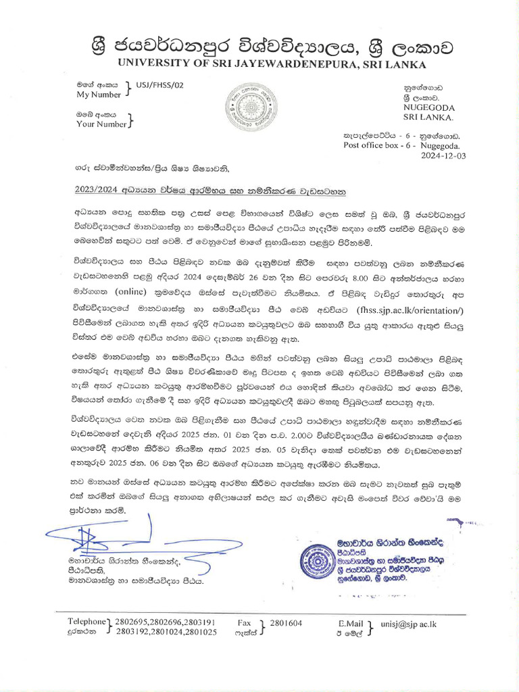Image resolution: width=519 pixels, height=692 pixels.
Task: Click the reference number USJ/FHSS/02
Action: click(x=159, y=85)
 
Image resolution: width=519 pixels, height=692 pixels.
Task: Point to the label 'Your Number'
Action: click(x=101, y=124)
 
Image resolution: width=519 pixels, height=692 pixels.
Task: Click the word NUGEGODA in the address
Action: click(x=429, y=107)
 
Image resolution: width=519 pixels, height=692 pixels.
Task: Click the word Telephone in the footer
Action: click(x=86, y=622)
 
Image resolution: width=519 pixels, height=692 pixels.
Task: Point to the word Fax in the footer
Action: click(x=245, y=622)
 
